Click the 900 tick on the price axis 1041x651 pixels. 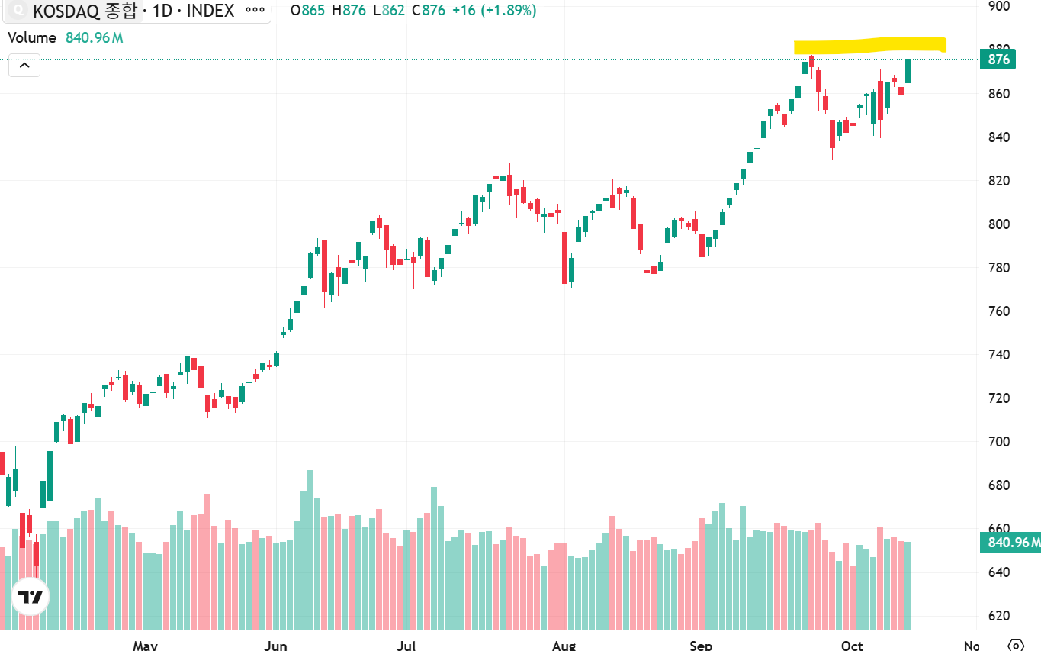pyautogui.click(x=999, y=6)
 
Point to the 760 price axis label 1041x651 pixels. pyautogui.click(x=999, y=311)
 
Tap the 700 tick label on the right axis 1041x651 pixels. pyautogui.click(x=999, y=441)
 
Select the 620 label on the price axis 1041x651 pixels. pyautogui.click(x=999, y=615)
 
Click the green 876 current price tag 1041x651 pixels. pyautogui.click(x=998, y=60)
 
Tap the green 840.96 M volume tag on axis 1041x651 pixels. pyautogui.click(x=1010, y=542)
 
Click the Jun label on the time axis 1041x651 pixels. pyautogui.click(x=275, y=646)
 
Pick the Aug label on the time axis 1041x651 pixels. pyautogui.click(x=564, y=646)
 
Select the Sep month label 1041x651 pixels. pyautogui.click(x=701, y=646)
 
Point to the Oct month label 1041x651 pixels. pyautogui.click(x=852, y=646)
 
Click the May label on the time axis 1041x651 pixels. pyautogui.click(x=146, y=646)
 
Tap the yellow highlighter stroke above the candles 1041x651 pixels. pyautogui.click(x=870, y=45)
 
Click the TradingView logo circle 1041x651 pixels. pyautogui.click(x=31, y=597)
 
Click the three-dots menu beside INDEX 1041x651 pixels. pyautogui.click(x=255, y=10)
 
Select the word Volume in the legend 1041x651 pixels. pyautogui.click(x=32, y=37)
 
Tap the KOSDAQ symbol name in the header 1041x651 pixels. pyautogui.click(x=66, y=11)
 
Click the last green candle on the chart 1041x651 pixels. pyautogui.click(x=908, y=72)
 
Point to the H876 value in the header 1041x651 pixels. pyautogui.click(x=349, y=10)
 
